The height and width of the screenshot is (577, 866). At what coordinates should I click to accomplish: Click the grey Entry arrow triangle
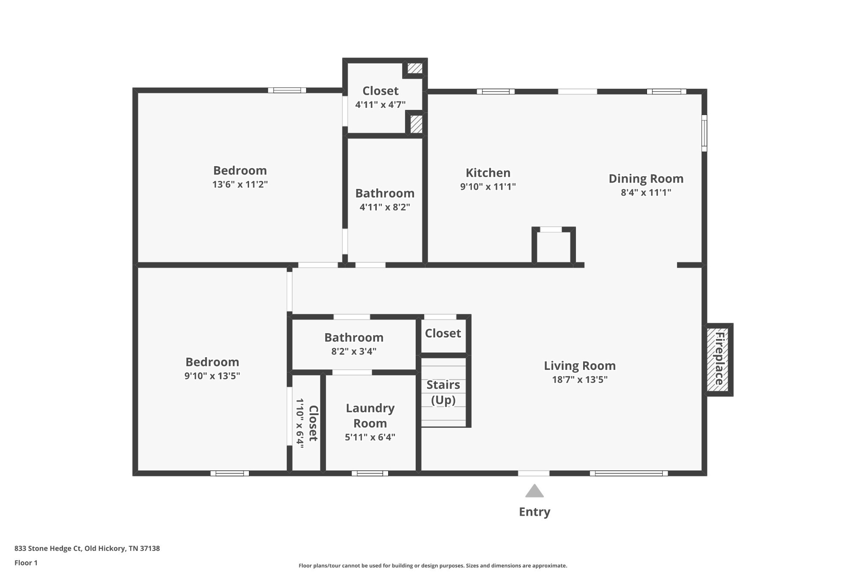(x=534, y=491)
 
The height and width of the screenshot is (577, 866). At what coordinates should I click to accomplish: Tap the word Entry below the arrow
(x=534, y=512)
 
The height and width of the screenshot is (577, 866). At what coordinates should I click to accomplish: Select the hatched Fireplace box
(x=718, y=359)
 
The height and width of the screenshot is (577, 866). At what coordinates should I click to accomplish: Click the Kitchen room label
(x=488, y=173)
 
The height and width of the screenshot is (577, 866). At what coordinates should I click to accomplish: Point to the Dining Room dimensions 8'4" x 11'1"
(x=646, y=193)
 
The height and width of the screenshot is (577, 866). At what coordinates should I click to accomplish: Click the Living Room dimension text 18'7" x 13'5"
(x=580, y=380)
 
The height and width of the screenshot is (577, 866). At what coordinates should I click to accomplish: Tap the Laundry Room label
(x=370, y=416)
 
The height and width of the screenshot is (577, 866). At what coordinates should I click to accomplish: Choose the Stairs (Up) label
(x=443, y=392)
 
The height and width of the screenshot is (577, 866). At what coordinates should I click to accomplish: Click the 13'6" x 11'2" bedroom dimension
(x=240, y=185)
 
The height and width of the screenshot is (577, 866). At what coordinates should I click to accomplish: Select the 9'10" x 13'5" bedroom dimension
(x=212, y=376)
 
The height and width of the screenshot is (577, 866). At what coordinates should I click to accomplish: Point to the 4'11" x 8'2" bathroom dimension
(x=385, y=208)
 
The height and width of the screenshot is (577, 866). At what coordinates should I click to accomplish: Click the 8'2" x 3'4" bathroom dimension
(x=354, y=352)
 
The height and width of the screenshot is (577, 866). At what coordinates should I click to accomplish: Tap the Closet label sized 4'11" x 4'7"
(x=381, y=91)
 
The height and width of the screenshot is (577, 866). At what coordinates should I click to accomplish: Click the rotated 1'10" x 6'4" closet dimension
(x=300, y=424)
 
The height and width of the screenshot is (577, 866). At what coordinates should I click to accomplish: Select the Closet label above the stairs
(x=443, y=334)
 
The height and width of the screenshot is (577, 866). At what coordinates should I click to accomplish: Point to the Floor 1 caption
(x=26, y=563)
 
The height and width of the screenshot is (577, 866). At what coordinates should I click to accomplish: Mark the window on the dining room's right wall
(x=704, y=133)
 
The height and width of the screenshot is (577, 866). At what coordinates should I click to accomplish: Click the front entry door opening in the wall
(x=534, y=473)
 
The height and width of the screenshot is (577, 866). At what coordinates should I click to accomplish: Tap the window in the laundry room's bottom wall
(x=370, y=473)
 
